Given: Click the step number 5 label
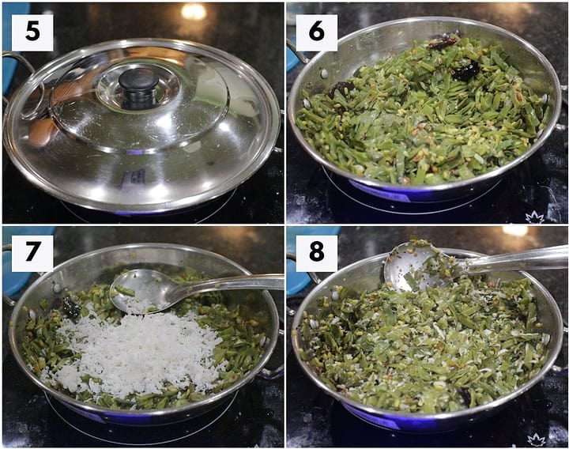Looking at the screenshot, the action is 32,32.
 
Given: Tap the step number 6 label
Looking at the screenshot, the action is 316,32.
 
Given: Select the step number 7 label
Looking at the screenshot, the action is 32,253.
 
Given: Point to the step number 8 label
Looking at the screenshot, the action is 316,253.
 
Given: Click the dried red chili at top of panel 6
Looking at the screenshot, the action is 442,43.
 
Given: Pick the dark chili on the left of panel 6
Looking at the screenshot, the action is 341,89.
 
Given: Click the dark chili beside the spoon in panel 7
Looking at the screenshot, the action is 71,307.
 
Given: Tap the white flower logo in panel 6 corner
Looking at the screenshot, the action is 535,218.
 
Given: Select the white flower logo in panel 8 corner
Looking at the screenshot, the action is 536,440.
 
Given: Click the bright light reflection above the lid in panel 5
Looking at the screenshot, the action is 194,12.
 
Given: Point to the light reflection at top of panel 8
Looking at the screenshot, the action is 515,230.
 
